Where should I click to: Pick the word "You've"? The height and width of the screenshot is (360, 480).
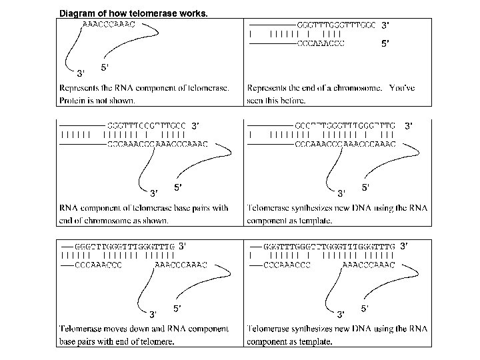click(402, 88)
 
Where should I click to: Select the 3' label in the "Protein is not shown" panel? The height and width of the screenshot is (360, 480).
click(81, 72)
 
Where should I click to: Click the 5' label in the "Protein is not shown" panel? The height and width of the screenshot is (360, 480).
click(105, 67)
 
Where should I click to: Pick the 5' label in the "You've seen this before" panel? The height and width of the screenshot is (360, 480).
click(385, 45)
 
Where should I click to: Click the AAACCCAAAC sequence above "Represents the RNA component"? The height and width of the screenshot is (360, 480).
click(108, 24)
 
